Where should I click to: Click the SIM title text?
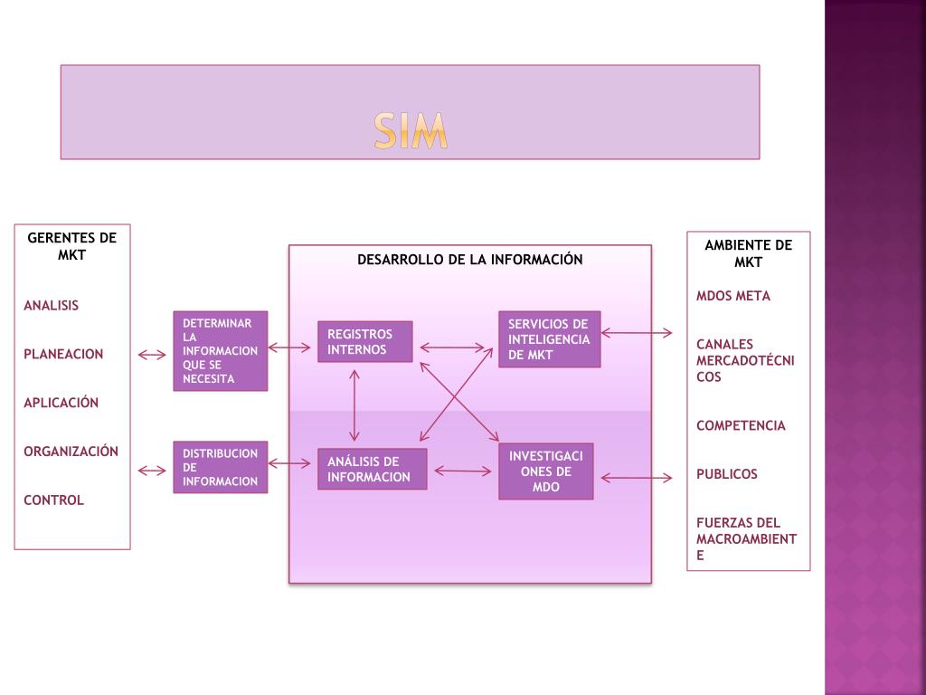411,132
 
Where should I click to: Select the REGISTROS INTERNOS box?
364,342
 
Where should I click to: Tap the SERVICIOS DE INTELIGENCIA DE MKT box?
549,339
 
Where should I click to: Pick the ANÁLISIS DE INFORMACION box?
372,469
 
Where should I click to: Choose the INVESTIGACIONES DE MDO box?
545,471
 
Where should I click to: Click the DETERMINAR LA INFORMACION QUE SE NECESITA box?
220,351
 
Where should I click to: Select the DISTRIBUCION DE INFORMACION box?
220,467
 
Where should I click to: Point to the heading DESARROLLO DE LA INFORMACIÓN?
469,260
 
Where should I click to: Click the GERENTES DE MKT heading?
71,246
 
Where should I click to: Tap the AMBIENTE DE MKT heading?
748,253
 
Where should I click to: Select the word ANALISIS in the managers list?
51,305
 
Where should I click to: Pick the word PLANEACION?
63,354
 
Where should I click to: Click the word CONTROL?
53,500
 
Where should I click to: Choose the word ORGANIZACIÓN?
71,451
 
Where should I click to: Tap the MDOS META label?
733,295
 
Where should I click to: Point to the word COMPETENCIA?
741,425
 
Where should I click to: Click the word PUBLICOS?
727,473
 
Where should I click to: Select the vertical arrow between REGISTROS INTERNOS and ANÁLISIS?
354,404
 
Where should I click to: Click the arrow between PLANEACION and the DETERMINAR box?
152,355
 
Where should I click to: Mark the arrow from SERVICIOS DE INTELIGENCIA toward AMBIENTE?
637,333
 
